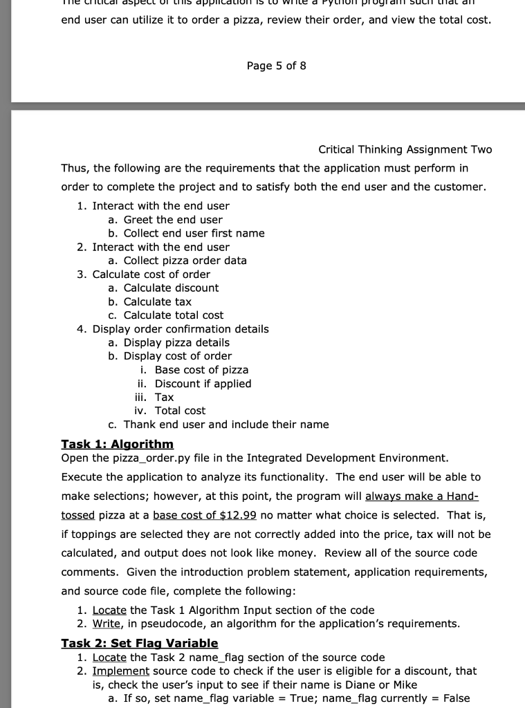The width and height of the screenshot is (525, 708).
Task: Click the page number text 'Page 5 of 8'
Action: click(x=276, y=66)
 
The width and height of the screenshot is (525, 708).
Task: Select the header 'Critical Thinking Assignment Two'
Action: click(x=405, y=150)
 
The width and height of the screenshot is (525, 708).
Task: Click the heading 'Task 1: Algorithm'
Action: click(x=117, y=443)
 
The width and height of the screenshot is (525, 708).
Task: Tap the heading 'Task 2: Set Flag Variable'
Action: click(x=139, y=643)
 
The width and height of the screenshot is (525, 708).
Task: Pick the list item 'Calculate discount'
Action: click(x=171, y=288)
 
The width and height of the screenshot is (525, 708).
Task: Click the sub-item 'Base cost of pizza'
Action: click(x=201, y=370)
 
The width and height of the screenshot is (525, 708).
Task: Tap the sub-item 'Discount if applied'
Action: click(x=203, y=384)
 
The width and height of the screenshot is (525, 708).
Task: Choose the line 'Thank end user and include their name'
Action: click(x=226, y=425)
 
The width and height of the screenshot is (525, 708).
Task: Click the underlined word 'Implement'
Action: click(x=120, y=671)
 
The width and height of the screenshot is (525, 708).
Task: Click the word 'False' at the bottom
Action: click(x=456, y=698)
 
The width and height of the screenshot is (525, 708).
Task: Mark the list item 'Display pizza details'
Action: click(x=176, y=343)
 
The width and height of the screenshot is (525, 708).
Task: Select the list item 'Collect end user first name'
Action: click(x=194, y=233)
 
